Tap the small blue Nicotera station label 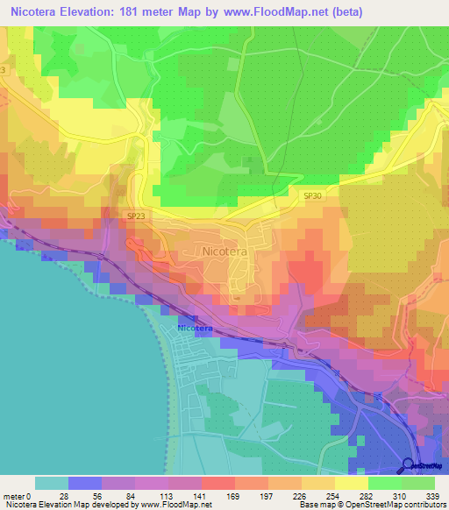click(194, 328)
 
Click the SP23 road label click(136, 216)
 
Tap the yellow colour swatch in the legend click(352, 483)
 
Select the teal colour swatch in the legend click(52, 483)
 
